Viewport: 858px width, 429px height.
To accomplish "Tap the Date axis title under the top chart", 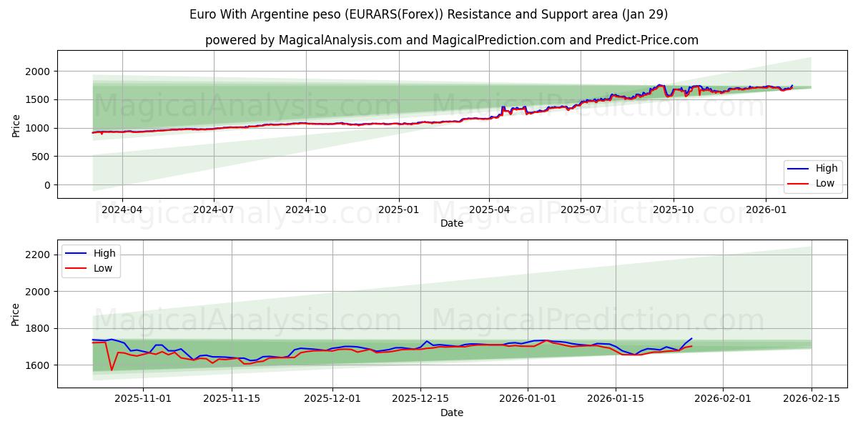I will [451, 223].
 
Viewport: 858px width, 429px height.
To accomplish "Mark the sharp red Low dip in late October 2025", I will [112, 370].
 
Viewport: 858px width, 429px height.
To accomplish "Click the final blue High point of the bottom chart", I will [691, 338].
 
